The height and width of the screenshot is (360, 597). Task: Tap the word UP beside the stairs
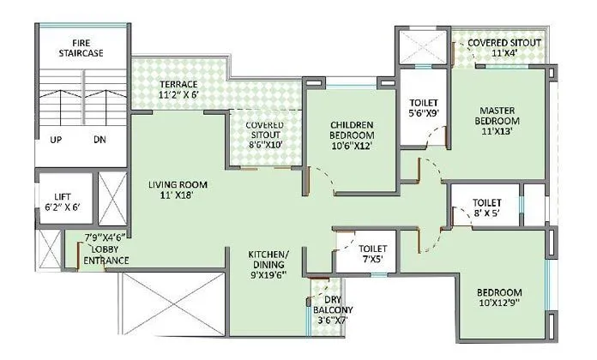tap(56, 140)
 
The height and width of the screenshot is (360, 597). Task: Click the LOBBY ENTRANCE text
tap(106, 255)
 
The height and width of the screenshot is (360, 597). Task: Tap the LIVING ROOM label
tap(178, 184)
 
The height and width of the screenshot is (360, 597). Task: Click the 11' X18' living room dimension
tap(178, 196)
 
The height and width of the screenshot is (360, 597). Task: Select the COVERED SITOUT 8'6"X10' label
tap(264, 135)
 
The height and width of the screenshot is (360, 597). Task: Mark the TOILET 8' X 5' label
tap(486, 209)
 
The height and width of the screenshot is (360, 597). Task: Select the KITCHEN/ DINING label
tap(268, 261)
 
